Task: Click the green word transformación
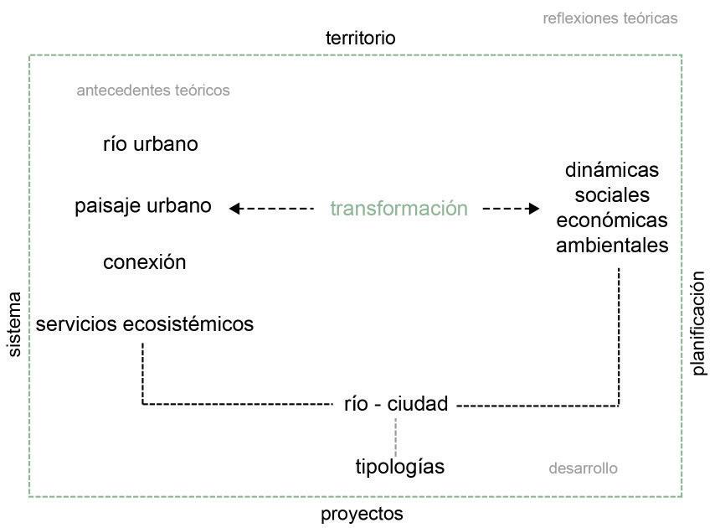[399, 209]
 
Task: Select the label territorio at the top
[360, 38]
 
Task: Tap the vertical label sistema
[13, 324]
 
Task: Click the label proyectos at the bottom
[362, 514]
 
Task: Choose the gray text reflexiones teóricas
[609, 18]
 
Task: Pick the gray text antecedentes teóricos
[152, 90]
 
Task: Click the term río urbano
[151, 144]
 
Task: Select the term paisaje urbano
[143, 205]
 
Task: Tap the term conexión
[144, 262]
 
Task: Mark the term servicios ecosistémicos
[144, 324]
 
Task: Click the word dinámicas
[612, 170]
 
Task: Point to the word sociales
[612, 195]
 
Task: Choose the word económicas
[612, 220]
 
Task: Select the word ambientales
[612, 246]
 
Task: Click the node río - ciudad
[396, 404]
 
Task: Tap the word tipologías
[399, 467]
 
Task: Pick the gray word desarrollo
[583, 468]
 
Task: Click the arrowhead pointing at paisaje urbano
[234, 209]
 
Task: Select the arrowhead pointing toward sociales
[534, 209]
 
